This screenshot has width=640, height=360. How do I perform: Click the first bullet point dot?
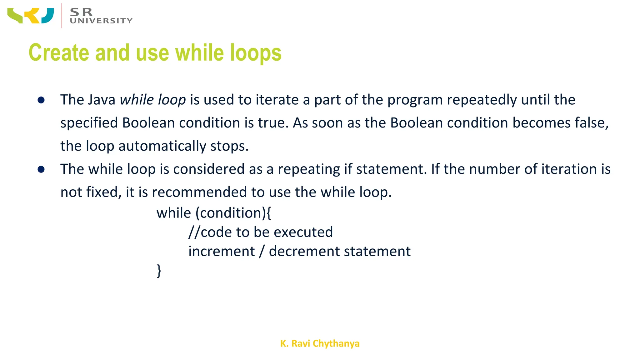click(41, 100)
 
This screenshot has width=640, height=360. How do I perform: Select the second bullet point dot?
click(41, 169)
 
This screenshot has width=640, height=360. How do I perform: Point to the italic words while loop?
click(153, 100)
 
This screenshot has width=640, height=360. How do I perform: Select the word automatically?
click(162, 146)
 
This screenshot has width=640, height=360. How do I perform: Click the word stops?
click(229, 146)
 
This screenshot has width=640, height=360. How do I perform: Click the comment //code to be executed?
click(261, 232)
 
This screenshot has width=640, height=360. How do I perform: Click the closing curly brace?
click(159, 271)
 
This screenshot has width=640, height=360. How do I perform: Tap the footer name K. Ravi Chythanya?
click(320, 343)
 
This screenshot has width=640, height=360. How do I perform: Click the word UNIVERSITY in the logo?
click(101, 21)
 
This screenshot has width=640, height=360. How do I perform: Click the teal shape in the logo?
click(48, 16)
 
